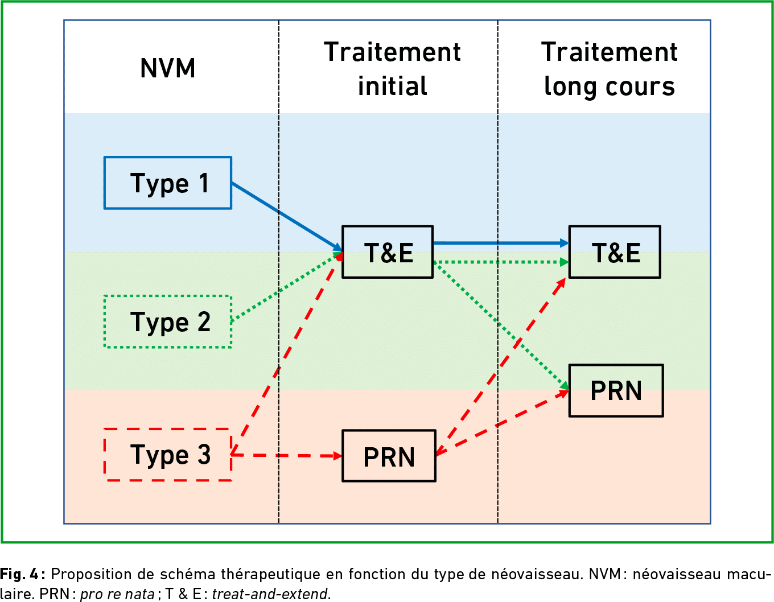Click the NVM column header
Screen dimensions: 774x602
(x=168, y=68)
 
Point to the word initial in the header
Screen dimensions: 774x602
(x=393, y=86)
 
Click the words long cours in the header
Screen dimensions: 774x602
(x=610, y=86)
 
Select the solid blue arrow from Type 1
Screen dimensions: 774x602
(x=287, y=217)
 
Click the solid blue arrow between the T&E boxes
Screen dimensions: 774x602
(x=501, y=243)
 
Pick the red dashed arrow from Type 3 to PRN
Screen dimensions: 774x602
(x=287, y=455)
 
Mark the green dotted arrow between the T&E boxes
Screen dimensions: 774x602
(x=501, y=262)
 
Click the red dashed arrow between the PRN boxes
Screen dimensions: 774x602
(x=502, y=423)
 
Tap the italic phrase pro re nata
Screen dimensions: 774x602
(x=117, y=595)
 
